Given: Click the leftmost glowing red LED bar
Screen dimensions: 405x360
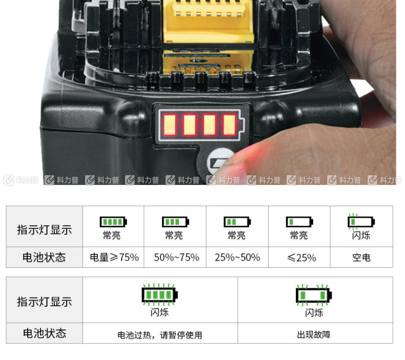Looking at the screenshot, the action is [170, 125].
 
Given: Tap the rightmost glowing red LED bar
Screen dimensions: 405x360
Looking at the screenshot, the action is [230, 125].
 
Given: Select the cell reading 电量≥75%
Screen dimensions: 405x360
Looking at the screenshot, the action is [114, 257].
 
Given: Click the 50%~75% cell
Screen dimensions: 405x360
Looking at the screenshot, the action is [176, 257].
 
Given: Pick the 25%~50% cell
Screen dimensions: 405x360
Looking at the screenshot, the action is [237, 257].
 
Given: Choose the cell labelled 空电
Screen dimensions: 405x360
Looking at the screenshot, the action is [361, 257].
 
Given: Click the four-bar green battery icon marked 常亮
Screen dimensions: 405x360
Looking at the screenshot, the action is [113, 222].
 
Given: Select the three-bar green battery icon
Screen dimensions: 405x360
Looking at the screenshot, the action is [176, 222].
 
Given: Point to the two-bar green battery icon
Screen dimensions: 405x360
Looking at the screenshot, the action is [237, 222].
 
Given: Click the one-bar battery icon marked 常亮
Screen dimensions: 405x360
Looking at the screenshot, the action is [299, 222].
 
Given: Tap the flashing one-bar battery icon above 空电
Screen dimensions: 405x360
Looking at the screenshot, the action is [361, 222].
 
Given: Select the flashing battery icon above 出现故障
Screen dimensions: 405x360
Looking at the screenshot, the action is [314, 295].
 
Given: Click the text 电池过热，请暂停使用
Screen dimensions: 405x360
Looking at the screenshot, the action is [159, 335].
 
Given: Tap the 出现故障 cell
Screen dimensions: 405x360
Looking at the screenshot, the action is [314, 335].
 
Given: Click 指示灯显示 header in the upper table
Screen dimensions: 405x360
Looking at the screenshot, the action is [45, 230].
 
